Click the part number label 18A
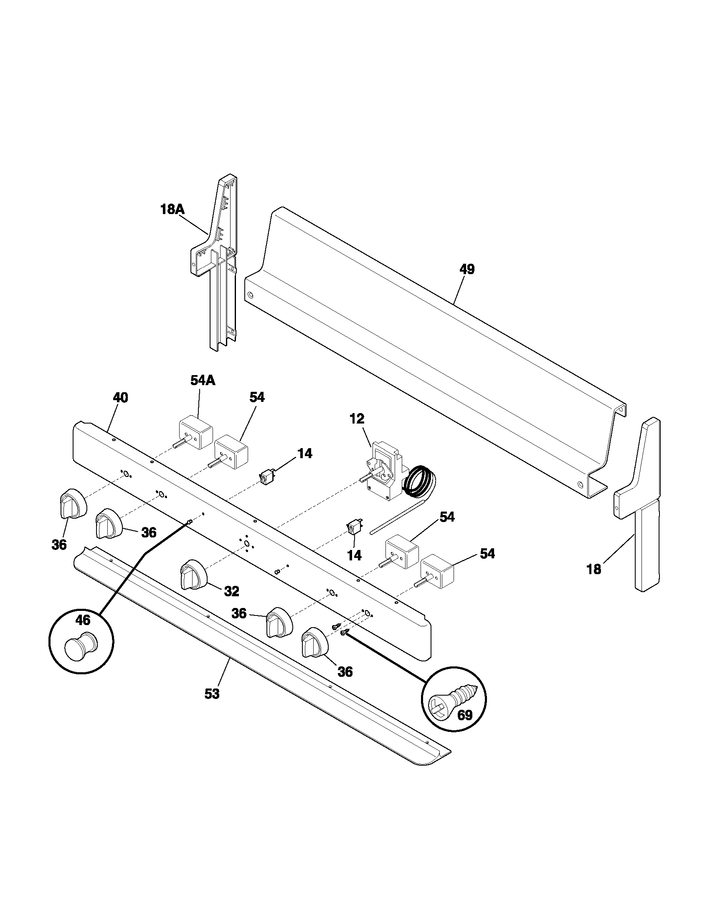[172, 209]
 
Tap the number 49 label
[467, 270]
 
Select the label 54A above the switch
[203, 381]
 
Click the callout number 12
[357, 419]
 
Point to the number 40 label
[120, 398]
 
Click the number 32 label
[231, 591]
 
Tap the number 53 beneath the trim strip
[212, 694]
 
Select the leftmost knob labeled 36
[73, 503]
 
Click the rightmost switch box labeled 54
[437, 571]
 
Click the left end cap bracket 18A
[220, 261]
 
